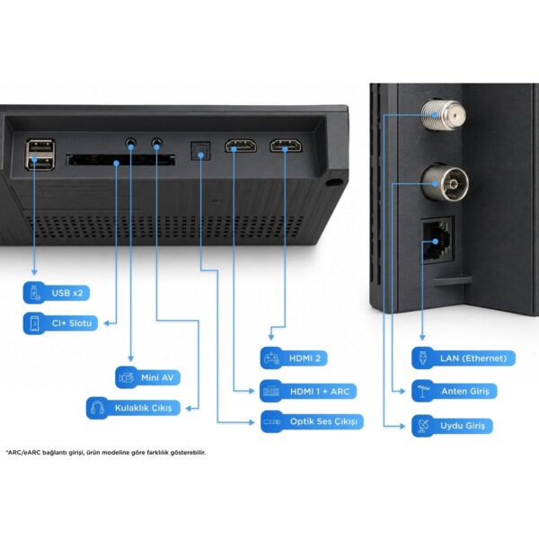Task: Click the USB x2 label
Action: point(57,293)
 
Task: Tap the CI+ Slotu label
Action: point(60,323)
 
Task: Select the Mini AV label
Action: point(148,377)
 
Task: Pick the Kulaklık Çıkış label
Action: point(133,408)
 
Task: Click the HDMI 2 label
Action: point(294,358)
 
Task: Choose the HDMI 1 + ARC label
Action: point(308,391)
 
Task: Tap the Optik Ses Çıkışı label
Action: point(312,421)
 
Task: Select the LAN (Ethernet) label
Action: point(464,358)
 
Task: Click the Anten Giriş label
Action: point(455,391)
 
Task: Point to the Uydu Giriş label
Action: point(453,426)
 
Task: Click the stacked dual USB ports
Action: point(40,155)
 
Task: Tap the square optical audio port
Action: point(200,151)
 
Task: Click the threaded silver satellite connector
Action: point(444,115)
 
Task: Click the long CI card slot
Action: point(120,160)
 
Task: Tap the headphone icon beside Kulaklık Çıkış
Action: point(98,408)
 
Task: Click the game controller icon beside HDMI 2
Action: point(271,358)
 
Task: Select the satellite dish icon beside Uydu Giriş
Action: point(423,426)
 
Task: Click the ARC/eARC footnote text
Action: point(106,453)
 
